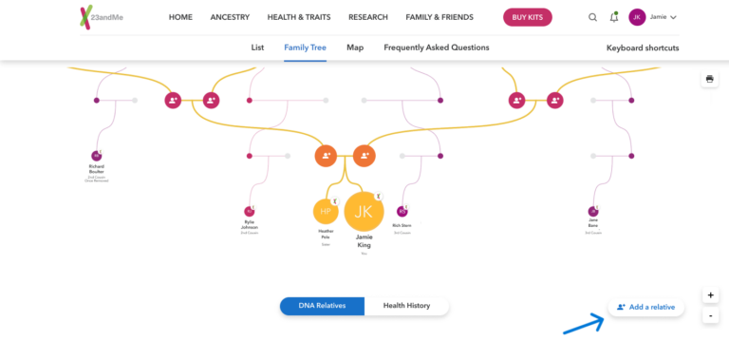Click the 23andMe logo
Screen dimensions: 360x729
pos(102,17)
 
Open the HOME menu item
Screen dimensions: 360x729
pos(180,17)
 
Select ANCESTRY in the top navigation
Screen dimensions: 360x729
pos(230,17)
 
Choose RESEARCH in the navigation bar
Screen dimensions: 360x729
pos(367,17)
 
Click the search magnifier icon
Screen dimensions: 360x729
pos(593,17)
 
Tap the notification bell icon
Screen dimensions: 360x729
pos(614,17)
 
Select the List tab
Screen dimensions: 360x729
pos(257,47)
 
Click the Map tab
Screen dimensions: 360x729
pos(355,47)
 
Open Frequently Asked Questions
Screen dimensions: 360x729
pos(436,47)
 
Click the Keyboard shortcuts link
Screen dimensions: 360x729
pos(643,47)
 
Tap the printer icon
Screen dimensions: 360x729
pos(709,79)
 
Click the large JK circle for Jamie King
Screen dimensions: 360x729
pos(364,212)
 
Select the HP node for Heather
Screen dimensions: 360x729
pos(325,212)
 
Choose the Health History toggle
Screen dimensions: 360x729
pos(406,306)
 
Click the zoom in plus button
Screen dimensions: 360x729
pos(710,295)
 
